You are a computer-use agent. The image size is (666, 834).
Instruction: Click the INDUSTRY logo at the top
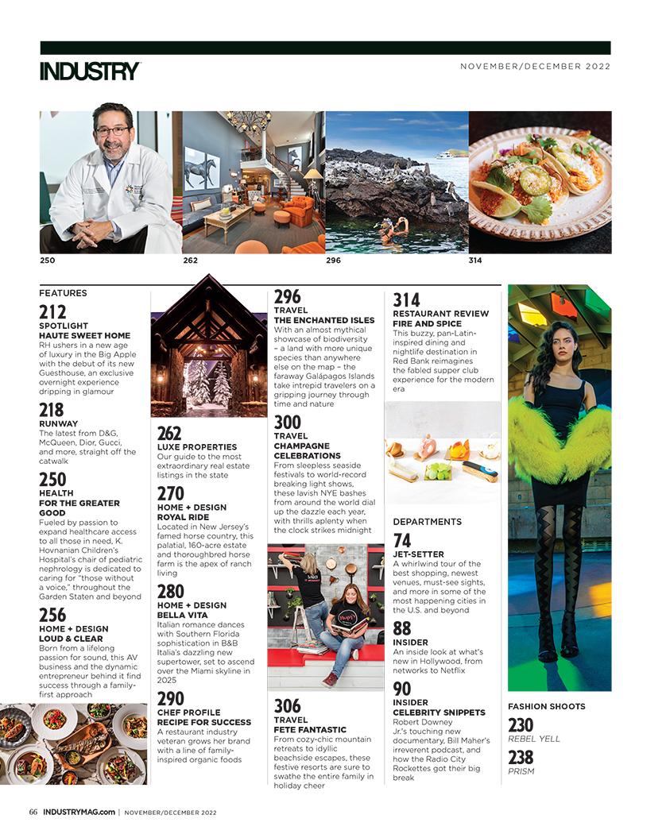point(90,71)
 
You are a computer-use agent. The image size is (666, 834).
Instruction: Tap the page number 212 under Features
point(52,312)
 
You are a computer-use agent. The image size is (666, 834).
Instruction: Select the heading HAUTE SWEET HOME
point(84,336)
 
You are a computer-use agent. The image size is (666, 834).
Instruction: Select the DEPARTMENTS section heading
point(427,522)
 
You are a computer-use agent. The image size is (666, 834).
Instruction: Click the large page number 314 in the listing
point(406,300)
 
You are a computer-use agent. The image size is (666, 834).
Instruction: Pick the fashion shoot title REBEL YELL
point(534,739)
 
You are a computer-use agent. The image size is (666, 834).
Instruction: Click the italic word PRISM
point(521,771)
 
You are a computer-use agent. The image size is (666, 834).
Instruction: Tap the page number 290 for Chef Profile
point(171,699)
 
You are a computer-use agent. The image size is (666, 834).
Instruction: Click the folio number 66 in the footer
point(33,812)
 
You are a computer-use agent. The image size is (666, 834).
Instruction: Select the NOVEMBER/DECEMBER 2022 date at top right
point(535,67)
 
